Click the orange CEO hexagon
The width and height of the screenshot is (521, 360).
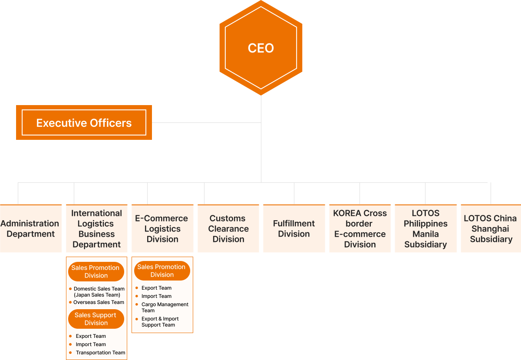click(260, 48)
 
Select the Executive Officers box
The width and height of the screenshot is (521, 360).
click(84, 122)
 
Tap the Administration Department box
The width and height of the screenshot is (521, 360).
click(30, 228)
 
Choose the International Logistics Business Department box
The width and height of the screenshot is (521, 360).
click(96, 228)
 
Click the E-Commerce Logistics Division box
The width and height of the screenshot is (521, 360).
click(162, 228)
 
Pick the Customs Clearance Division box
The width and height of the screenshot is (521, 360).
click(228, 228)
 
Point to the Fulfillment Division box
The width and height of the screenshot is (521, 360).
click(294, 228)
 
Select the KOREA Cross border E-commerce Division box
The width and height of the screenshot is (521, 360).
click(360, 228)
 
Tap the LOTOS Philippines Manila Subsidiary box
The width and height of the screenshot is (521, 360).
click(425, 228)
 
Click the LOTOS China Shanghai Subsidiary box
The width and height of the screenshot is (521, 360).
click(491, 228)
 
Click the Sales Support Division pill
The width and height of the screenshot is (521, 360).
click(96, 319)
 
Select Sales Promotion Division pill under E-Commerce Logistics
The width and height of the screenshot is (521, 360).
click(162, 271)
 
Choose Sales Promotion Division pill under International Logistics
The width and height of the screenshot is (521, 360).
click(96, 271)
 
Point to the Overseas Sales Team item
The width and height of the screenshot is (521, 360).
click(99, 302)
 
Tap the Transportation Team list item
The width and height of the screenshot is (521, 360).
click(100, 353)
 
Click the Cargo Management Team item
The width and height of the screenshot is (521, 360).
click(165, 307)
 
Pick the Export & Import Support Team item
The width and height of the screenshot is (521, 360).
click(160, 322)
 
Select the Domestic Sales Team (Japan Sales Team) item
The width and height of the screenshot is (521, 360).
click(99, 292)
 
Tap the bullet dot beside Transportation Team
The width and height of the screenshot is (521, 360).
click(71, 353)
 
